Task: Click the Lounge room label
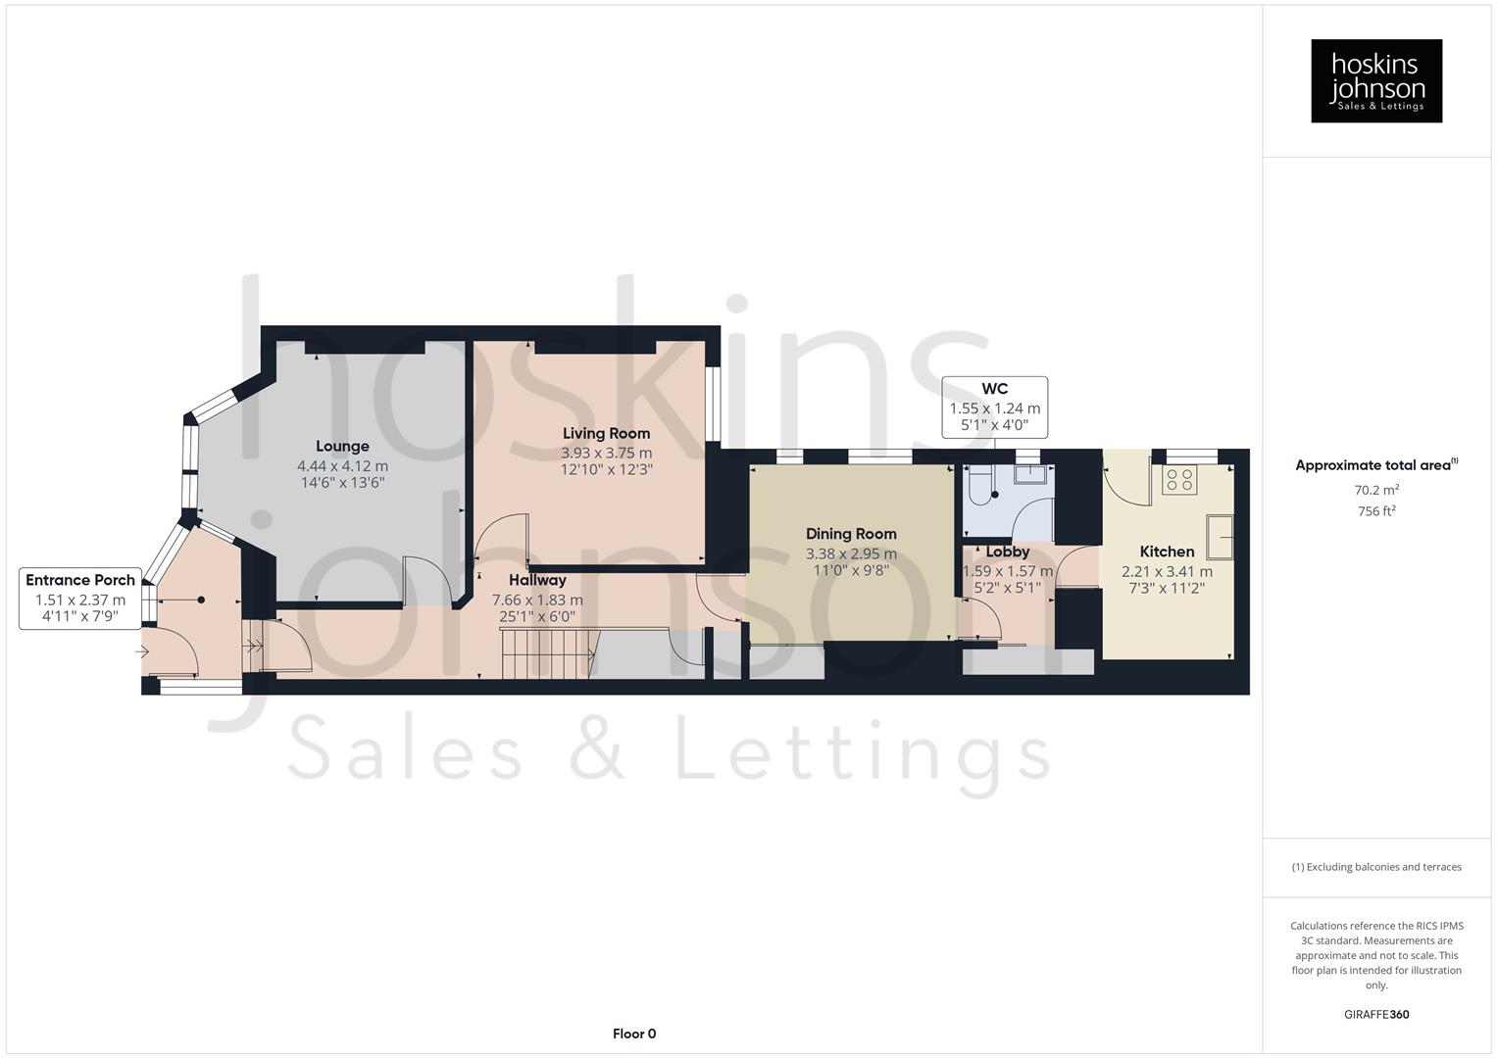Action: (342, 447)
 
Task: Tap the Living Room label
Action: (606, 434)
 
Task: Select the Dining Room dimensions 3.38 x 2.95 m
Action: (851, 553)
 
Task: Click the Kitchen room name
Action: (1167, 552)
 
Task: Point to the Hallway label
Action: (537, 580)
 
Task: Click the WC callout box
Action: (994, 408)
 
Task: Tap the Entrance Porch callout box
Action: (80, 599)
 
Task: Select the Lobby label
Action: (1007, 553)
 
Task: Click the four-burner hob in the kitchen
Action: (1179, 480)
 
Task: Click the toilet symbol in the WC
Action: (978, 486)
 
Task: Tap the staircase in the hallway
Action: (548, 653)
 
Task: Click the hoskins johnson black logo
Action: (1375, 81)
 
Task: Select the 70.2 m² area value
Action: (1375, 490)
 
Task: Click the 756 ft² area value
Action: (1375, 511)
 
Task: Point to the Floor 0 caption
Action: (634, 1034)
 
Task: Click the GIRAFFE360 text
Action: (1375, 1014)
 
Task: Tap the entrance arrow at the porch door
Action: (142, 650)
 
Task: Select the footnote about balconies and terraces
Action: (1375, 867)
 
